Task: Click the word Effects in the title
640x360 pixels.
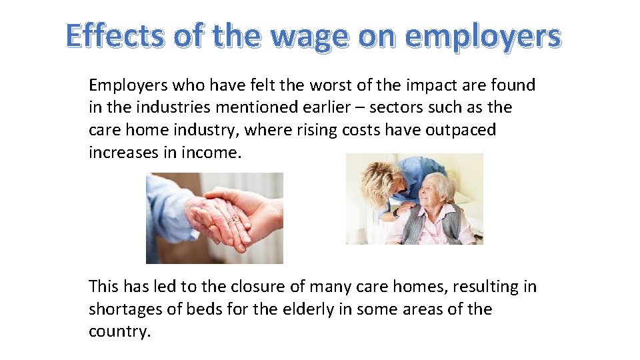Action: (114, 35)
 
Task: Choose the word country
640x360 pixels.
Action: (118, 332)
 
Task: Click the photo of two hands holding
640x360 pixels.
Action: (214, 218)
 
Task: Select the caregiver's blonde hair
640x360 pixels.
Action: (381, 173)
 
